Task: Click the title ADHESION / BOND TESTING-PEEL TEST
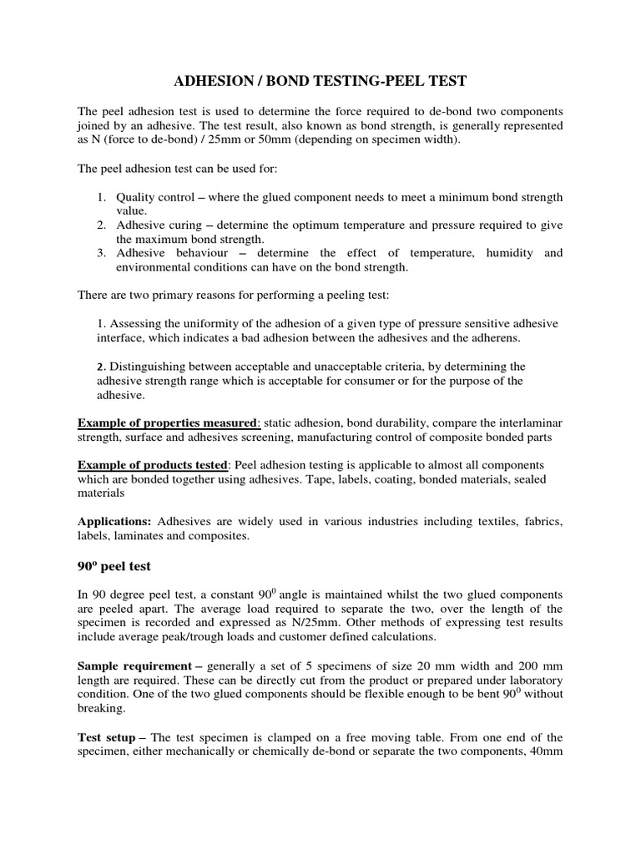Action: point(320,81)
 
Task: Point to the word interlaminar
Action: point(529,424)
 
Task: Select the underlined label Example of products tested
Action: point(152,464)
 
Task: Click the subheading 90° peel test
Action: point(114,565)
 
